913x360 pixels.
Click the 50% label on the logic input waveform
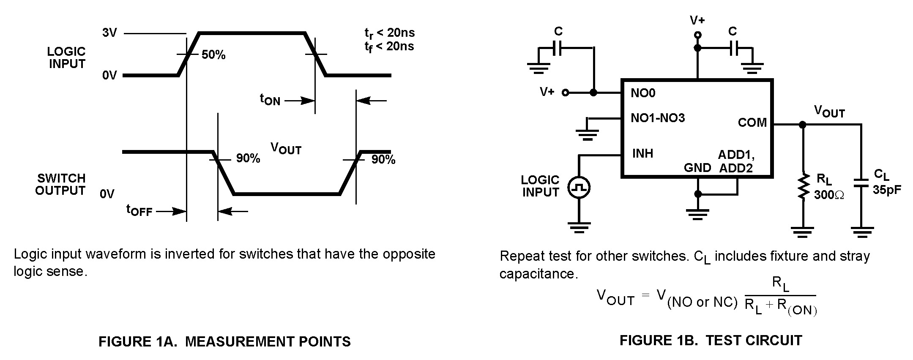click(x=213, y=55)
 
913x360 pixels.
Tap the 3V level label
click(x=109, y=33)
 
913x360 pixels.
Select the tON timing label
click(x=270, y=100)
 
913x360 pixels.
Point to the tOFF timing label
click(x=139, y=210)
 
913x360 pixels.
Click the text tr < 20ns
click(x=389, y=33)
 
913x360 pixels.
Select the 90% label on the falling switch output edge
click(x=248, y=158)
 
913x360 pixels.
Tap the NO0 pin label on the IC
click(x=642, y=93)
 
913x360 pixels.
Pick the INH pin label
click(x=642, y=153)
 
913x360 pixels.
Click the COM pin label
click(x=752, y=123)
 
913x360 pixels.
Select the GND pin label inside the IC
click(x=697, y=168)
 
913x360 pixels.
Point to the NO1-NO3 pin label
click(x=657, y=118)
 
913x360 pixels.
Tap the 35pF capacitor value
click(x=886, y=190)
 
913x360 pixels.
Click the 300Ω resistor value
click(x=829, y=195)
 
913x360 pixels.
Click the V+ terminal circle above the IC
click(x=697, y=35)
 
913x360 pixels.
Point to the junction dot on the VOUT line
click(x=802, y=125)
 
